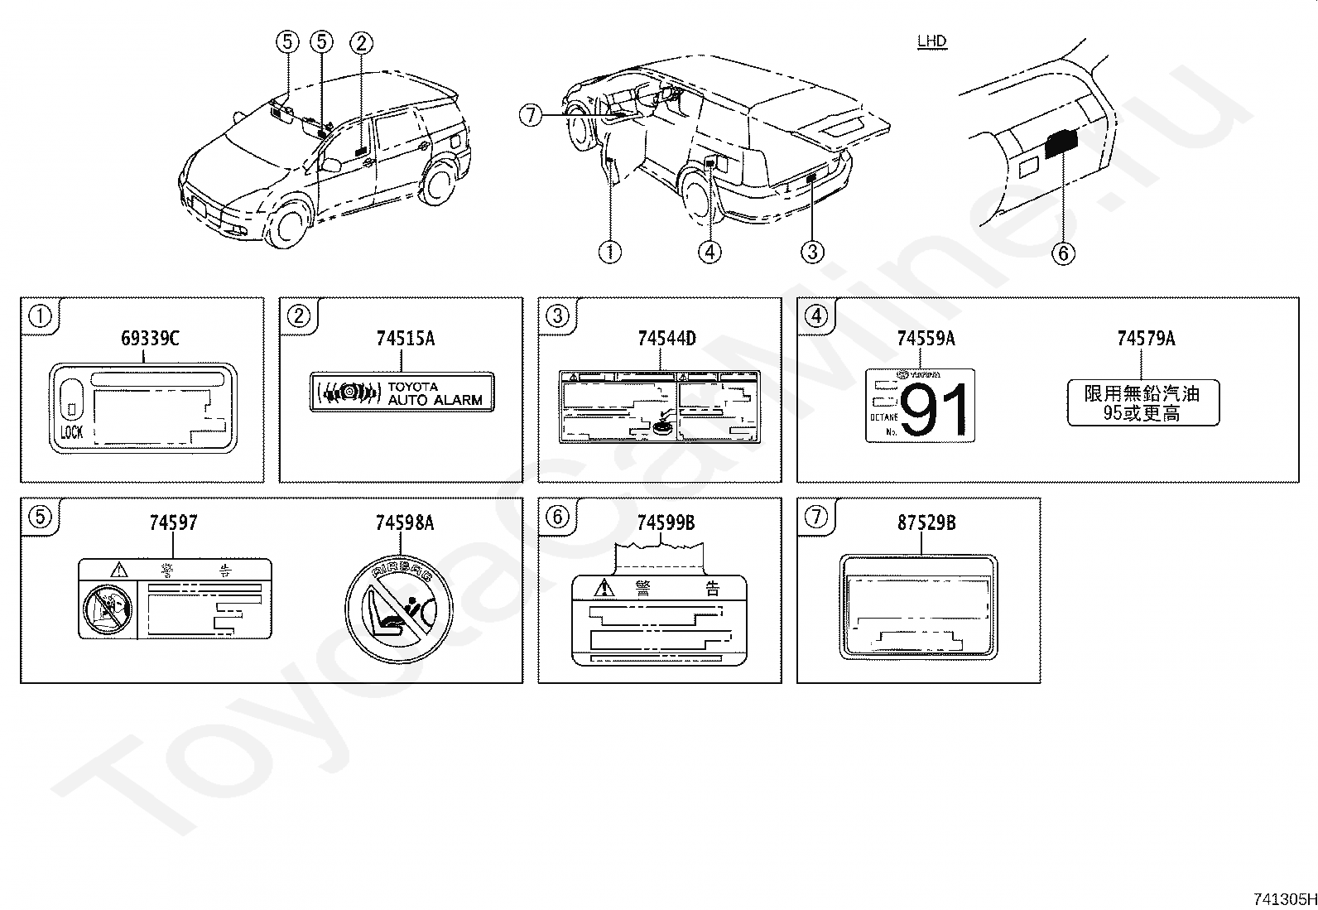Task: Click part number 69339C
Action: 150,338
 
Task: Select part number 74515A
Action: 405,338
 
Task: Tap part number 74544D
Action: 666,338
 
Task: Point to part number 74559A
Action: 926,338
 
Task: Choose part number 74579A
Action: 1146,338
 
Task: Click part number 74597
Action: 173,522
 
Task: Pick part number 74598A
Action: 405,522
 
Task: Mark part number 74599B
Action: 666,522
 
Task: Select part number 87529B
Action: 926,522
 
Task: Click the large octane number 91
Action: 936,411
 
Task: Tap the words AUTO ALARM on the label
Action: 435,400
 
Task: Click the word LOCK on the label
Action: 72,432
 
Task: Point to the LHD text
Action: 931,41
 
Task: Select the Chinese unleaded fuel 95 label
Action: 1142,403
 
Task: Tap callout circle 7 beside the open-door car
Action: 531,115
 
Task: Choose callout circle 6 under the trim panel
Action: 1063,253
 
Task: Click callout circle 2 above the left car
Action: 361,42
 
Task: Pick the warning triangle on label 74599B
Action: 606,588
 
